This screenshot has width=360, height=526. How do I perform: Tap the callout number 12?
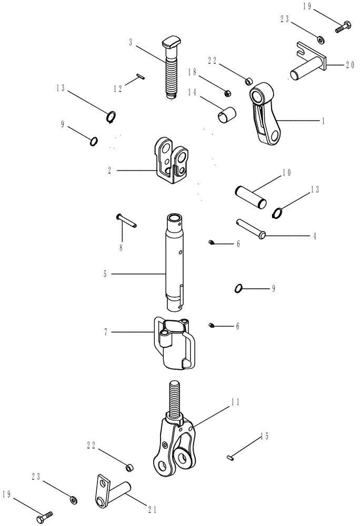pyautogui.click(x=120, y=89)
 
